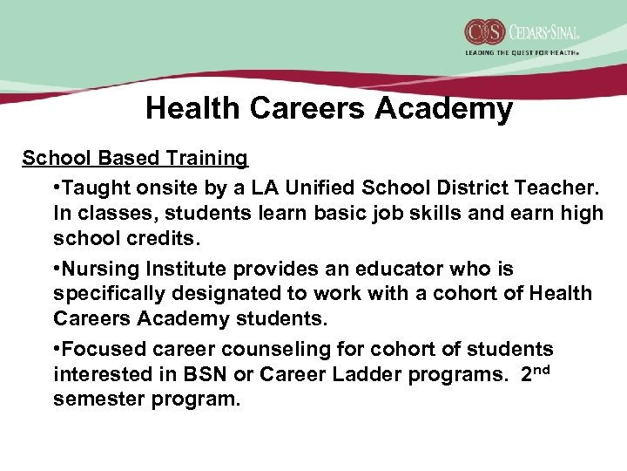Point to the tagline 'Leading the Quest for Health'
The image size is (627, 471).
point(521,52)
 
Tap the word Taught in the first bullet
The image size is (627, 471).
point(94,188)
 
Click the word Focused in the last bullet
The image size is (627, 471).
point(98,349)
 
